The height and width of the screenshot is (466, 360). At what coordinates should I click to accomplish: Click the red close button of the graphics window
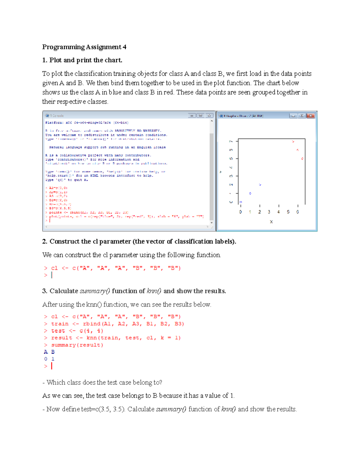(x=311, y=116)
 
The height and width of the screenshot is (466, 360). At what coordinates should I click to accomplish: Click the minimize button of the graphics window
(x=293, y=116)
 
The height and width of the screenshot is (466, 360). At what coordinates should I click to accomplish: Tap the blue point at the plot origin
(x=241, y=202)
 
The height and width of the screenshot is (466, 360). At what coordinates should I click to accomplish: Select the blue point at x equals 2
(x=260, y=185)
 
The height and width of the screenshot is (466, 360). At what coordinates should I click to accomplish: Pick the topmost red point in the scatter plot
(x=293, y=141)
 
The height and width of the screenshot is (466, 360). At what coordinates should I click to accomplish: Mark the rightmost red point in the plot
(x=302, y=158)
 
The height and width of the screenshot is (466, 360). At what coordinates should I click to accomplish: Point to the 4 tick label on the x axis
(x=279, y=212)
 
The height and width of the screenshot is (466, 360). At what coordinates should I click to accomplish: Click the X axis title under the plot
(x=271, y=222)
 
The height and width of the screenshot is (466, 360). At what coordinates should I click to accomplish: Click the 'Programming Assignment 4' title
(x=84, y=47)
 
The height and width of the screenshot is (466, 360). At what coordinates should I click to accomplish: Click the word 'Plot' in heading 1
(x=56, y=60)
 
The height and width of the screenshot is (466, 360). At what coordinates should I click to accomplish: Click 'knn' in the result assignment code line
(x=92, y=338)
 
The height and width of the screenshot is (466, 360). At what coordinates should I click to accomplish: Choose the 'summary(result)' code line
(x=77, y=345)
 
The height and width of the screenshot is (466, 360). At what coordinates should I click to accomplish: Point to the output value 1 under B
(x=53, y=359)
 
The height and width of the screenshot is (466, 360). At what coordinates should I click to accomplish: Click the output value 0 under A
(x=46, y=359)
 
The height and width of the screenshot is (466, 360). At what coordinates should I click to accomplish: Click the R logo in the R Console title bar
(x=47, y=116)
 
